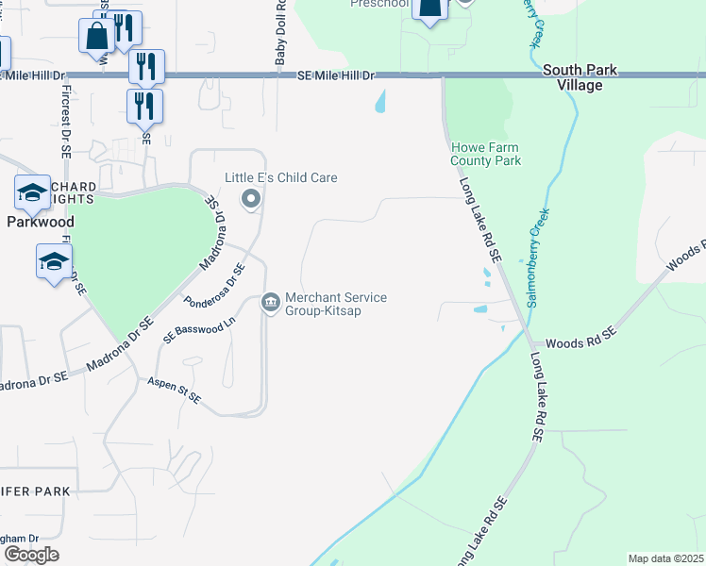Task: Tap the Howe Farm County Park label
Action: (486, 154)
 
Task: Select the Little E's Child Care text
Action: (280, 177)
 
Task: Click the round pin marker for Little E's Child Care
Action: (251, 198)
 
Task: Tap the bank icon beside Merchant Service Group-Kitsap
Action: (271, 303)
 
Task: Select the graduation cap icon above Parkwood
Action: (32, 192)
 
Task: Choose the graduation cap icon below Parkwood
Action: (54, 260)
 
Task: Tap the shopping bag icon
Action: (97, 37)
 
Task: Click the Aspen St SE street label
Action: (173, 391)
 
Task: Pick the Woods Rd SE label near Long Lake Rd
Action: (580, 333)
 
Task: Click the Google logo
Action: (31, 555)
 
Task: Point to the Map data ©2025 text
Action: (665, 558)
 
